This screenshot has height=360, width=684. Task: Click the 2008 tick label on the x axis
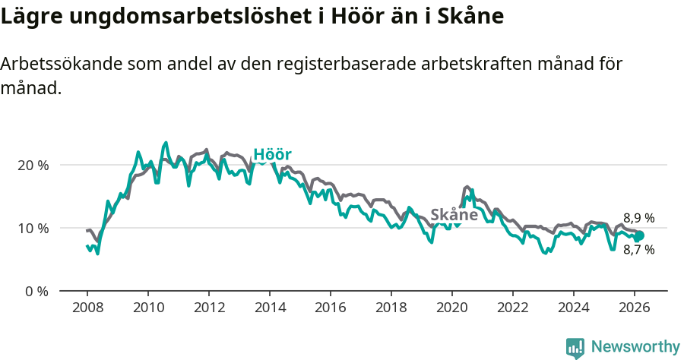[x=87, y=308]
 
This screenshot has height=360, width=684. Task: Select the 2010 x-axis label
[x=148, y=308]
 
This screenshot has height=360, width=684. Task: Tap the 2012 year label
[x=209, y=308]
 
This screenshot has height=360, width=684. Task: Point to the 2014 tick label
[x=270, y=308]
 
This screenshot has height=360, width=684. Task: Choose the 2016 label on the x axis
[x=331, y=308]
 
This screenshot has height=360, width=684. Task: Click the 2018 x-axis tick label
[x=391, y=308]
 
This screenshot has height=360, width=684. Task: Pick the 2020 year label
[x=452, y=308]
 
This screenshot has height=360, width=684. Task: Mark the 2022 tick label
[x=513, y=308]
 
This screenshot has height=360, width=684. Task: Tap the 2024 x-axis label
[x=574, y=308]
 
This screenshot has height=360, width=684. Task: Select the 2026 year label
[x=635, y=308]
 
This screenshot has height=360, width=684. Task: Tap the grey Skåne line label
[x=454, y=215]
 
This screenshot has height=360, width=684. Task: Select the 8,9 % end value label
[x=638, y=219]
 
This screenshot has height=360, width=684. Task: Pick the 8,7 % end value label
[x=638, y=249]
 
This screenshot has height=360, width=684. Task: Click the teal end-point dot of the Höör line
[x=639, y=235]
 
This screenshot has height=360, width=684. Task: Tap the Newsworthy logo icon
[x=575, y=347]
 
